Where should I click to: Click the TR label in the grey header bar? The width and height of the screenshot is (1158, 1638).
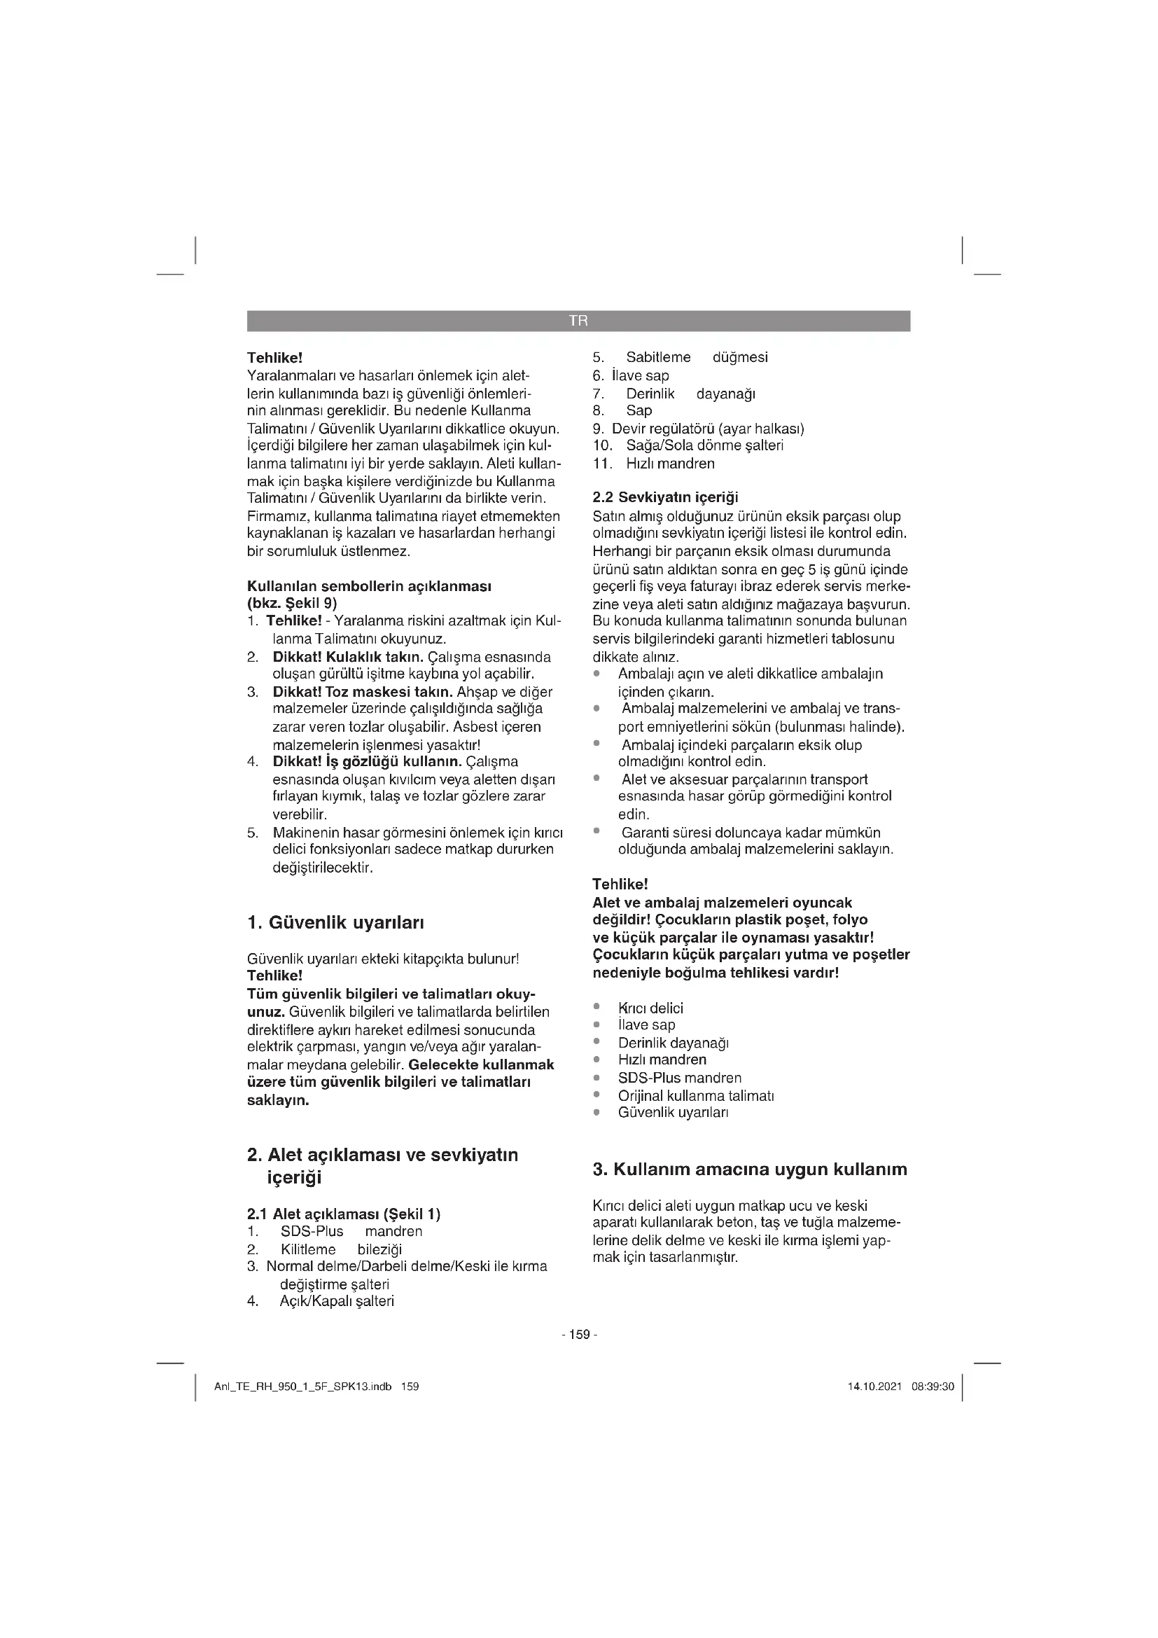pos(578,321)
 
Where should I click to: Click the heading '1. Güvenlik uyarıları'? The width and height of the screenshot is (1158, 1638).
pos(335,922)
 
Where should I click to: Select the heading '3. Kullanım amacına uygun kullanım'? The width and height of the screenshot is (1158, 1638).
pos(749,1169)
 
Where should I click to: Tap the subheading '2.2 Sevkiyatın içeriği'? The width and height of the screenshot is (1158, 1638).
pos(665,497)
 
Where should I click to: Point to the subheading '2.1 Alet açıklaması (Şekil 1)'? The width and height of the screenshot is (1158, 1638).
pos(344,1214)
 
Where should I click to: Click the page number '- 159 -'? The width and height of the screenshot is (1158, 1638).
pos(579,1334)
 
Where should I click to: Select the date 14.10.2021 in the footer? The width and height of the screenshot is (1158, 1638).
pos(874,1387)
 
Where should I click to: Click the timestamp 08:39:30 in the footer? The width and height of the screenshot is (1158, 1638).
pos(933,1387)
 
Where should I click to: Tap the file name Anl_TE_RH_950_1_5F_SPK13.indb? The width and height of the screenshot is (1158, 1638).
pos(303,1387)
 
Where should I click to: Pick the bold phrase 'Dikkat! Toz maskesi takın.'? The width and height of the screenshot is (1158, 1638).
pos(362,691)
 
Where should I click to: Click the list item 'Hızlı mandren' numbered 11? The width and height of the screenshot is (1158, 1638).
pos(670,463)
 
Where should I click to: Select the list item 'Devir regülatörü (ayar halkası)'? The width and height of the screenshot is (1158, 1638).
pos(707,429)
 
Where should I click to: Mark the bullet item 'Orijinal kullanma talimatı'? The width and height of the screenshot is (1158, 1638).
pos(695,1095)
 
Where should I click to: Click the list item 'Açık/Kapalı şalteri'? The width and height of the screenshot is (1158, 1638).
pos(337,1300)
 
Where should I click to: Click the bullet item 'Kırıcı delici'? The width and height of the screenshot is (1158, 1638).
pos(650,1008)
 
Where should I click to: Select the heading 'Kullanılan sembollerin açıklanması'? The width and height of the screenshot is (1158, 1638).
pos(369,586)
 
